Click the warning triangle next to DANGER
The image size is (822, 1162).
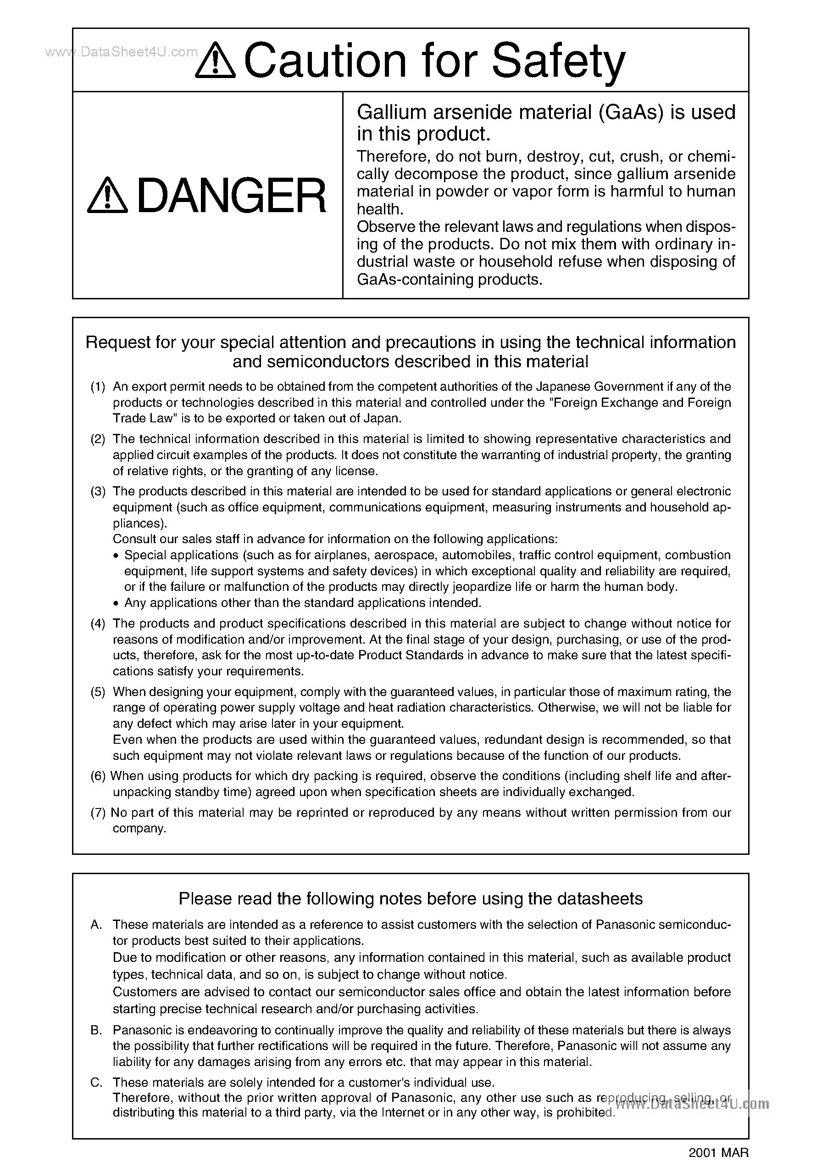(107, 196)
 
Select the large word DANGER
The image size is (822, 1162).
(231, 196)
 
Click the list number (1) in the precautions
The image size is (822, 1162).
(98, 387)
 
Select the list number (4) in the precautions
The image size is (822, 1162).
(98, 623)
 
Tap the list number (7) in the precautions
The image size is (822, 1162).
(98, 813)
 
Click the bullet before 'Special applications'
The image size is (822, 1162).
(116, 556)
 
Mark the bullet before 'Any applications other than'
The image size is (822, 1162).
(116, 603)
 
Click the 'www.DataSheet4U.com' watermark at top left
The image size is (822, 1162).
(122, 52)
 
